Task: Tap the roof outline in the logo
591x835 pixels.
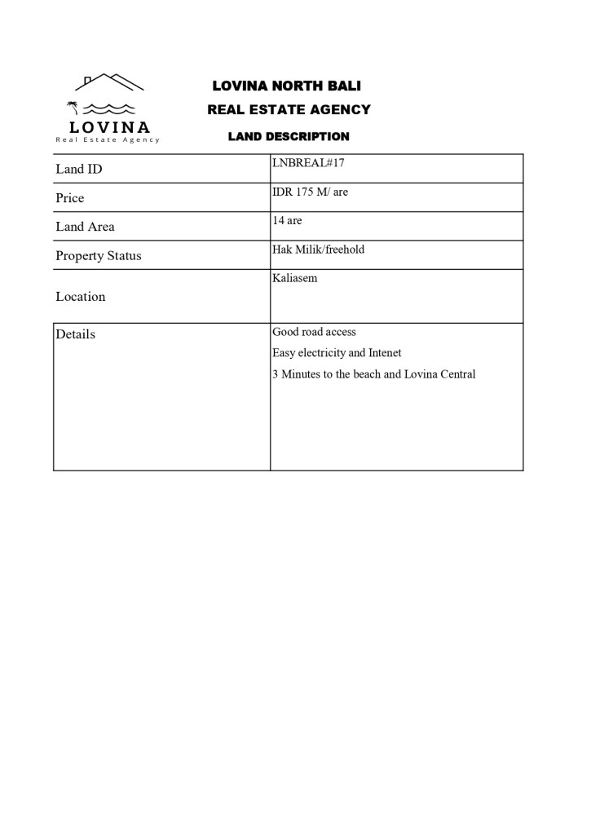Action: [109, 82]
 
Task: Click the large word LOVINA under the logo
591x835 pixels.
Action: [109, 127]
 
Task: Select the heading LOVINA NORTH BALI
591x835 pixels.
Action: [286, 86]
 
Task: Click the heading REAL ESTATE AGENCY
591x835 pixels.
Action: [289, 109]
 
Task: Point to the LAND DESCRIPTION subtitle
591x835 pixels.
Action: [289, 136]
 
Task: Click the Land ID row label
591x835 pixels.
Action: [78, 169]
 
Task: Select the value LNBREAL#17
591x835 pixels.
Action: [308, 163]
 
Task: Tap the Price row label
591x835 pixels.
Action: [69, 198]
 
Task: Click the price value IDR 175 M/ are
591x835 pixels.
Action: [310, 192]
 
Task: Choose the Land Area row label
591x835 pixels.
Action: [85, 227]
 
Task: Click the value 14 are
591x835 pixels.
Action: [287, 221]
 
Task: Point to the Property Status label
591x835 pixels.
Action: [98, 255]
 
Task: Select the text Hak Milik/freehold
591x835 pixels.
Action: [318, 250]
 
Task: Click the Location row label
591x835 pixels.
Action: [80, 297]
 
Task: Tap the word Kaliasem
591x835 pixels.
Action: [294, 278]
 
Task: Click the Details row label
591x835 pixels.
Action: [75, 334]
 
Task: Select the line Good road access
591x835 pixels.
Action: [314, 332]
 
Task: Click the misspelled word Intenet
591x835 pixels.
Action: [385, 353]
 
